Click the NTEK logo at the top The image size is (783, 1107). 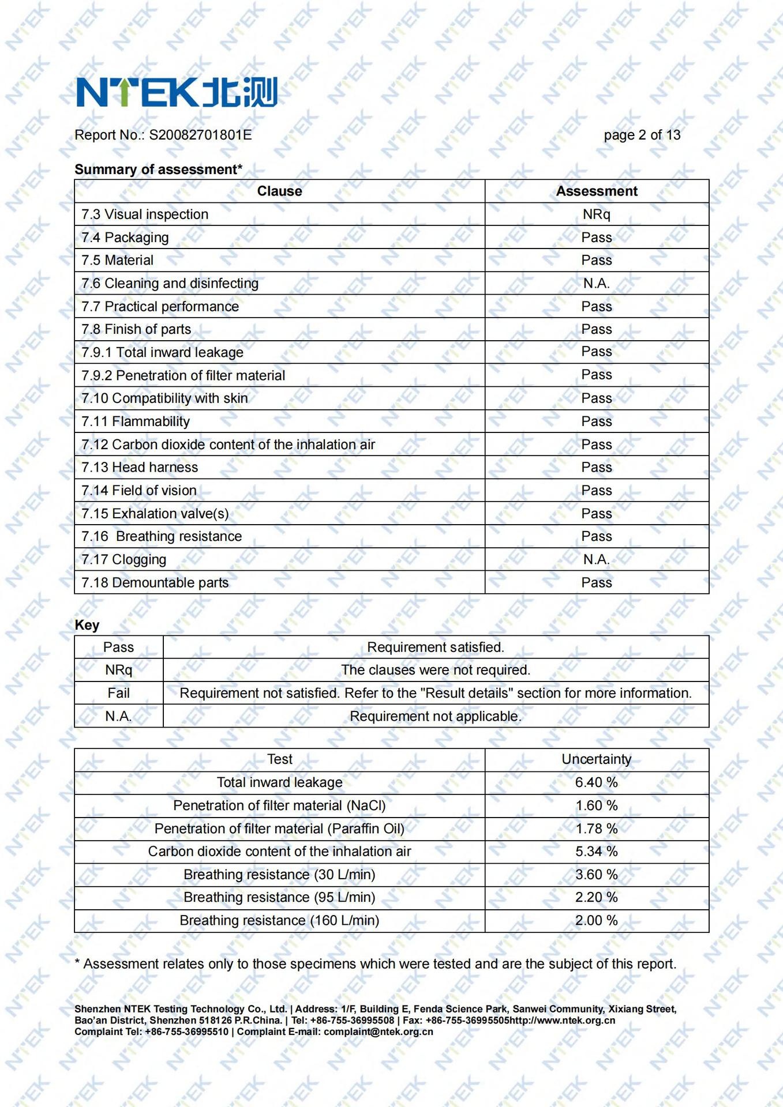point(177,92)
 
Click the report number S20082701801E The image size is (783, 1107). point(200,135)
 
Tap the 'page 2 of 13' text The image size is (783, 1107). point(642,135)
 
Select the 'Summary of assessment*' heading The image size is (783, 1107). point(158,170)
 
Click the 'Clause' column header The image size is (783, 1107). point(279,191)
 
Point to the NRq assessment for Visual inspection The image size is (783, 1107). point(596,214)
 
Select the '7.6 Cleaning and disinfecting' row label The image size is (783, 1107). point(170,284)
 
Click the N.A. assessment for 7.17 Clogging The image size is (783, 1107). point(596,559)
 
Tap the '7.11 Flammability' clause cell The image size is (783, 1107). point(136,421)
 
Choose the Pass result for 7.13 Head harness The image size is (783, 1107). point(596,468)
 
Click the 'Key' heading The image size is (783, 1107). point(87,625)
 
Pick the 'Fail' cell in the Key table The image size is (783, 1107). point(118,693)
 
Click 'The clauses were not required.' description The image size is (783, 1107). point(436,670)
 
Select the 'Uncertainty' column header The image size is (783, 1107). point(596,759)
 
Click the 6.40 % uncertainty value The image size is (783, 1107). point(596,782)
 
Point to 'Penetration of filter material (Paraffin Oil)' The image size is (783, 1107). point(279,829)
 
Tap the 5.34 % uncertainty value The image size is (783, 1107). point(596,852)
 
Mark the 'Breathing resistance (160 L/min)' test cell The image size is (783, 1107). point(279,921)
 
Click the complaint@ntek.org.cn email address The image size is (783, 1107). point(378,1031)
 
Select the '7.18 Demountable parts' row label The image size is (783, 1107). point(155,583)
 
